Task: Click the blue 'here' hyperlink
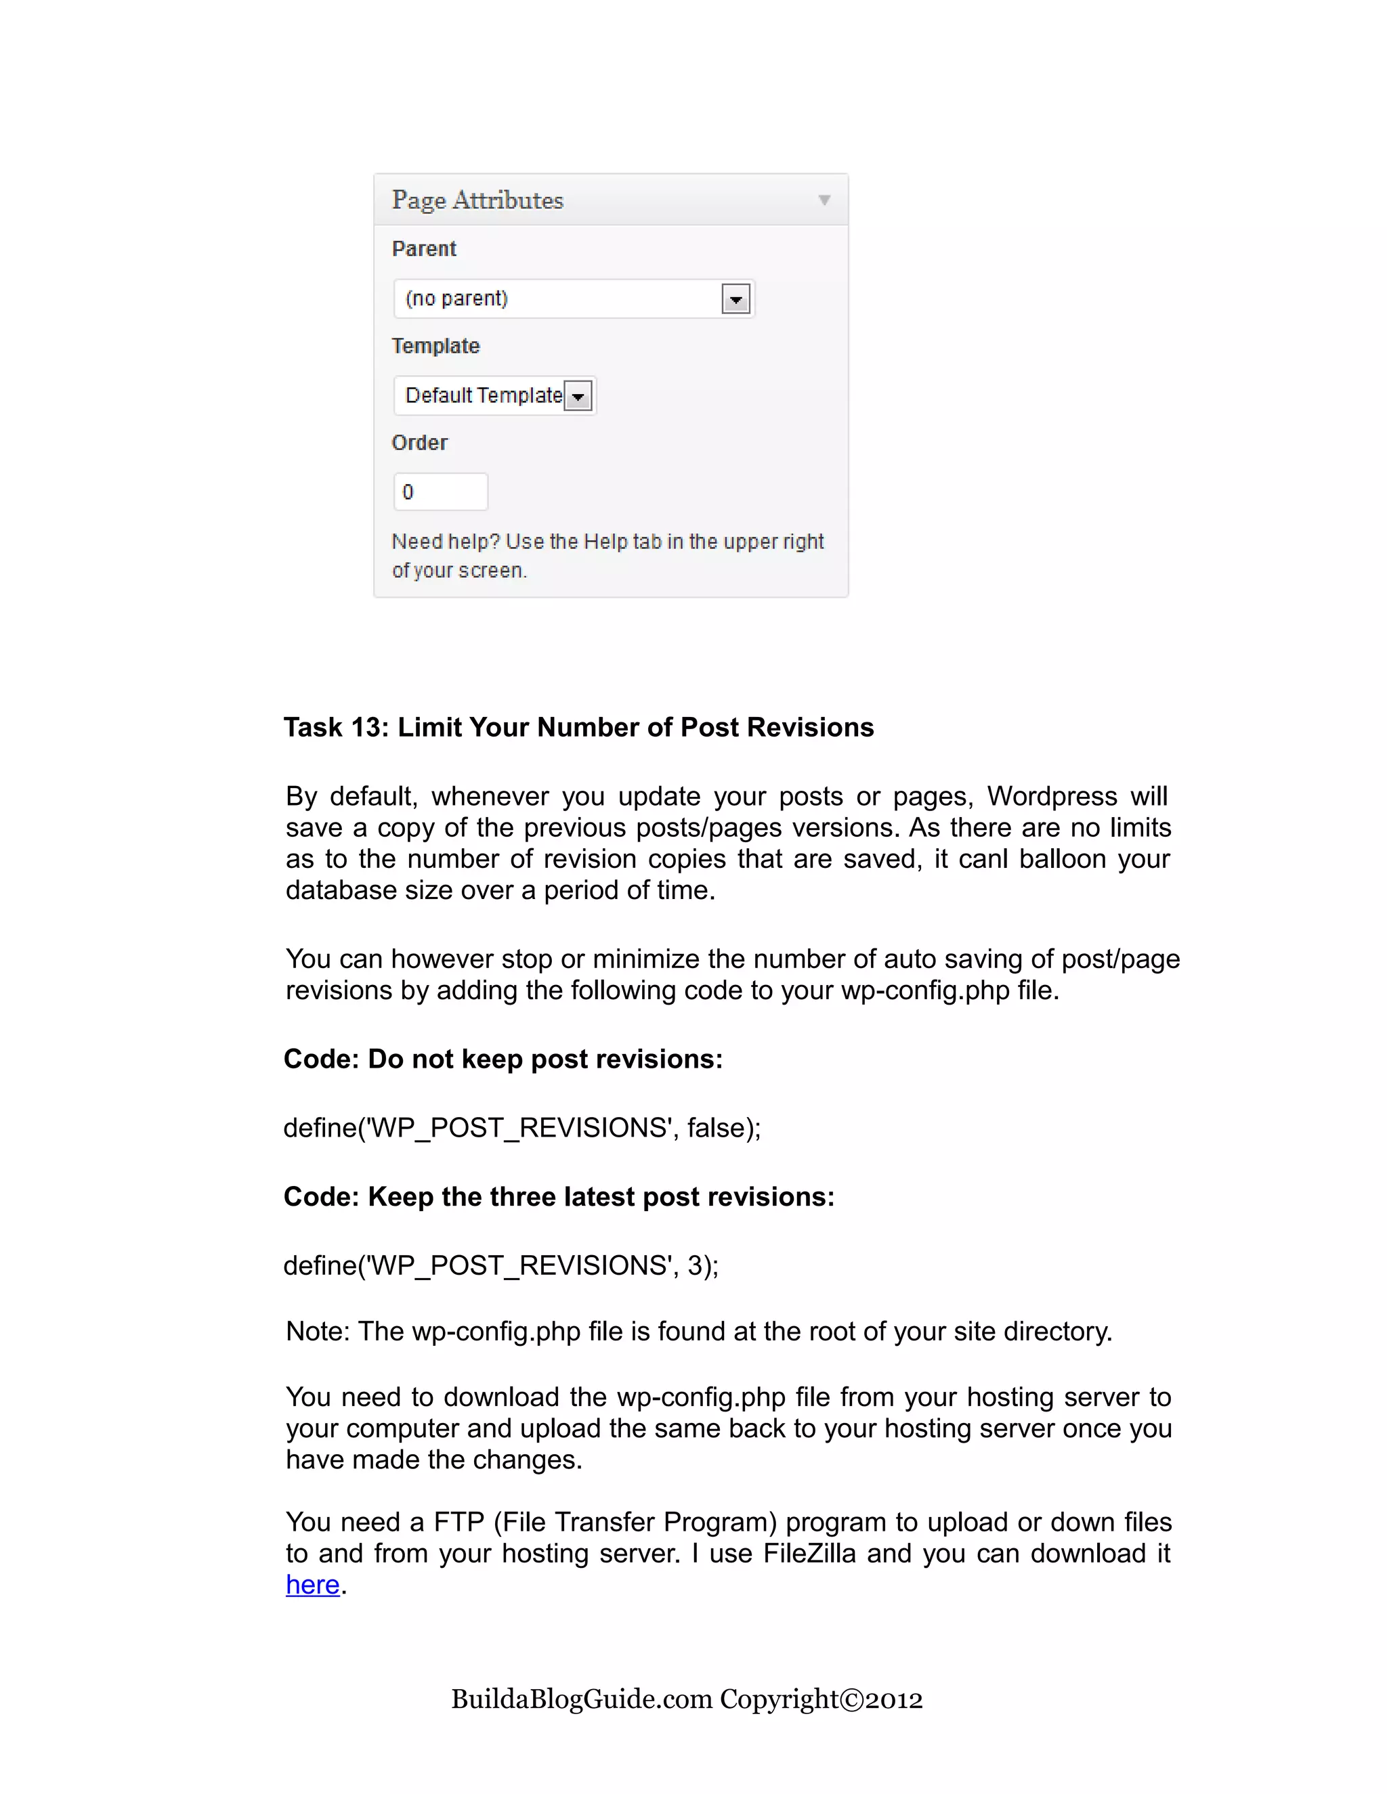point(312,1585)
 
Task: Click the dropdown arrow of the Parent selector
point(735,299)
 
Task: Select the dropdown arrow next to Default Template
point(578,397)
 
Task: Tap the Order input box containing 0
point(440,492)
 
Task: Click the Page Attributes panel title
point(477,200)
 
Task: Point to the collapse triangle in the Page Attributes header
point(824,200)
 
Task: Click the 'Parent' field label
point(424,249)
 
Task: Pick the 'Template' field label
point(435,346)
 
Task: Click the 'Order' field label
point(420,443)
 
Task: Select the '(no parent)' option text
point(457,298)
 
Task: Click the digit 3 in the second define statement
point(695,1266)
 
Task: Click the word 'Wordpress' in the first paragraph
point(1052,796)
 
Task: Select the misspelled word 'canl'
point(983,858)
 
